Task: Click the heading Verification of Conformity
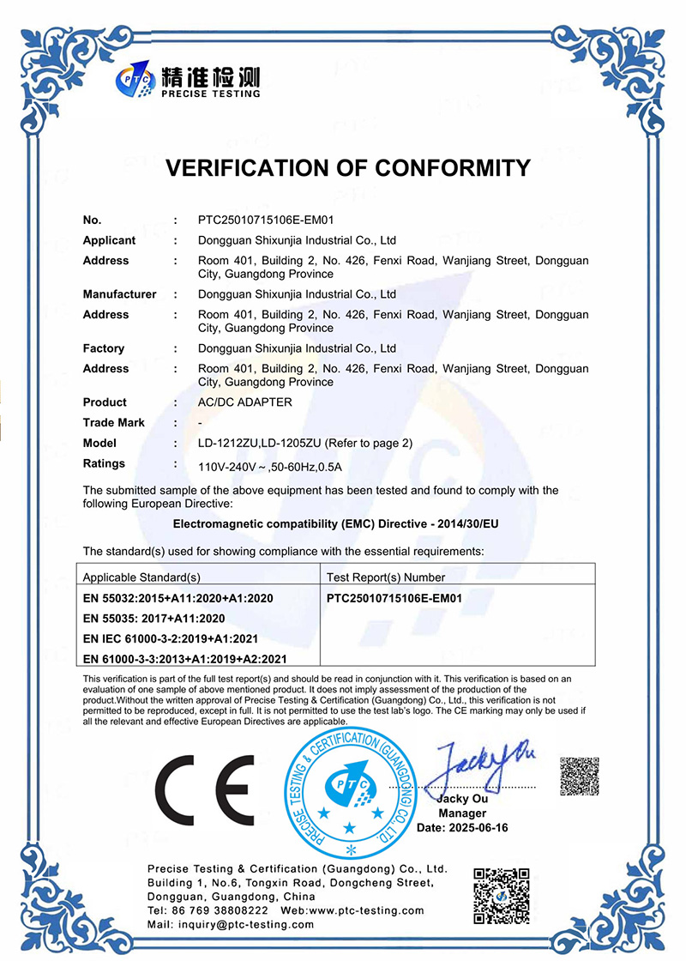[x=347, y=167]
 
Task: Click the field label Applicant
[x=109, y=240]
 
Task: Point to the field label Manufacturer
[x=119, y=294]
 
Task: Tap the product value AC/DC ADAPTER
[x=244, y=402]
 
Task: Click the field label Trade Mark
[x=113, y=422]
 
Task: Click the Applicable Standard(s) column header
[x=141, y=577]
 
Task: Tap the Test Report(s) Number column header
[x=386, y=577]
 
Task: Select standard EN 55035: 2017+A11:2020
[x=153, y=618]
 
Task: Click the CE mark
[x=204, y=789]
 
